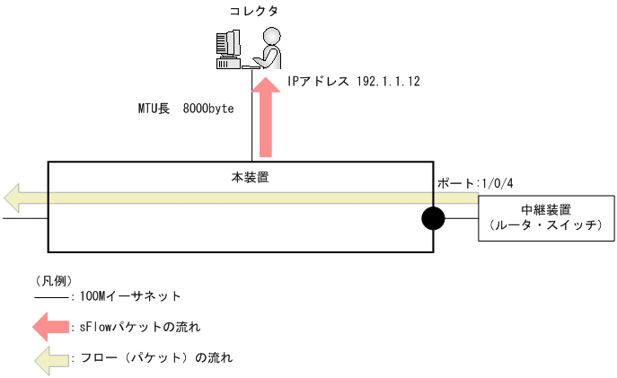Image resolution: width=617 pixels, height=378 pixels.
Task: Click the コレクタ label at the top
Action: pos(254,12)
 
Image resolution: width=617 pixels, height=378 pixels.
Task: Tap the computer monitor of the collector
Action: pos(227,45)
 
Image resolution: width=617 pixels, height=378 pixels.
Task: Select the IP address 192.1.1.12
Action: pos(389,81)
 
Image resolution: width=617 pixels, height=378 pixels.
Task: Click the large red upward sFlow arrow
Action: pos(265,117)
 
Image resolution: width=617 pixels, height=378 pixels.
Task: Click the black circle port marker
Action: pos(433,218)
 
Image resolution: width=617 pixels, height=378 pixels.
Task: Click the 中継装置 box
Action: pos(545,218)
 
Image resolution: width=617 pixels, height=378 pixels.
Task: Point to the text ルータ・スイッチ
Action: pos(545,226)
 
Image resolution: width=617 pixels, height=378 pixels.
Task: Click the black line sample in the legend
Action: pos(50,297)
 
